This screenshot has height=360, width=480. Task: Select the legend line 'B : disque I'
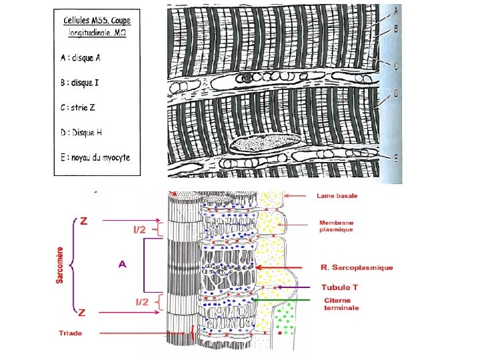[x=80, y=83]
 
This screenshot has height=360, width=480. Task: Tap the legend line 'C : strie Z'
[x=79, y=107]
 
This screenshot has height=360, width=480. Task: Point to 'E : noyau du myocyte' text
[x=95, y=157]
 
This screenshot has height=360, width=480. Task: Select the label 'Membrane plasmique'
[x=336, y=226]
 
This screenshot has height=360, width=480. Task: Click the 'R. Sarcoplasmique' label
[x=357, y=267]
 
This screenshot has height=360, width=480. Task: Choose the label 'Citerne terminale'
[x=341, y=304]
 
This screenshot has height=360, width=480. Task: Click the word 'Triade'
[x=70, y=333]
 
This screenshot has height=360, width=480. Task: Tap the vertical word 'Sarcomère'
[x=60, y=265]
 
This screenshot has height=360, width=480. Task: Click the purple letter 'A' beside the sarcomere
[x=122, y=264]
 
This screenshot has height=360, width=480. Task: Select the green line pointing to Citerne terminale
[x=283, y=301]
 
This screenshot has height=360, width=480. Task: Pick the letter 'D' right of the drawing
[x=395, y=94]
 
